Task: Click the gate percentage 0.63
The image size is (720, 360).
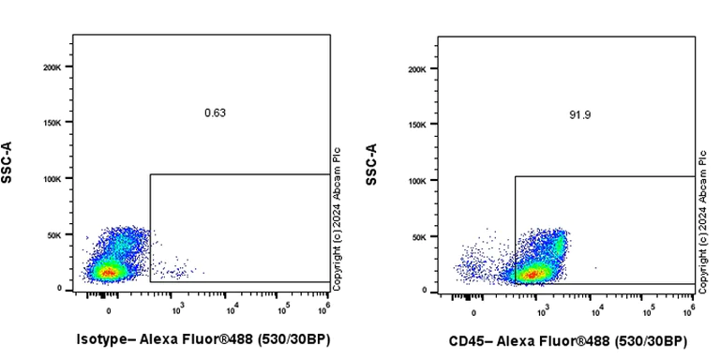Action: [x=215, y=113]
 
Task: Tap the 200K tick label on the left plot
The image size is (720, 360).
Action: [x=52, y=67]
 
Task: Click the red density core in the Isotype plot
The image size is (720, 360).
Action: [x=109, y=272]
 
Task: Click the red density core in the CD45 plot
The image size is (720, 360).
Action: [x=532, y=274]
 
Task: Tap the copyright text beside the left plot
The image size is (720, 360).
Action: [x=337, y=216]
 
